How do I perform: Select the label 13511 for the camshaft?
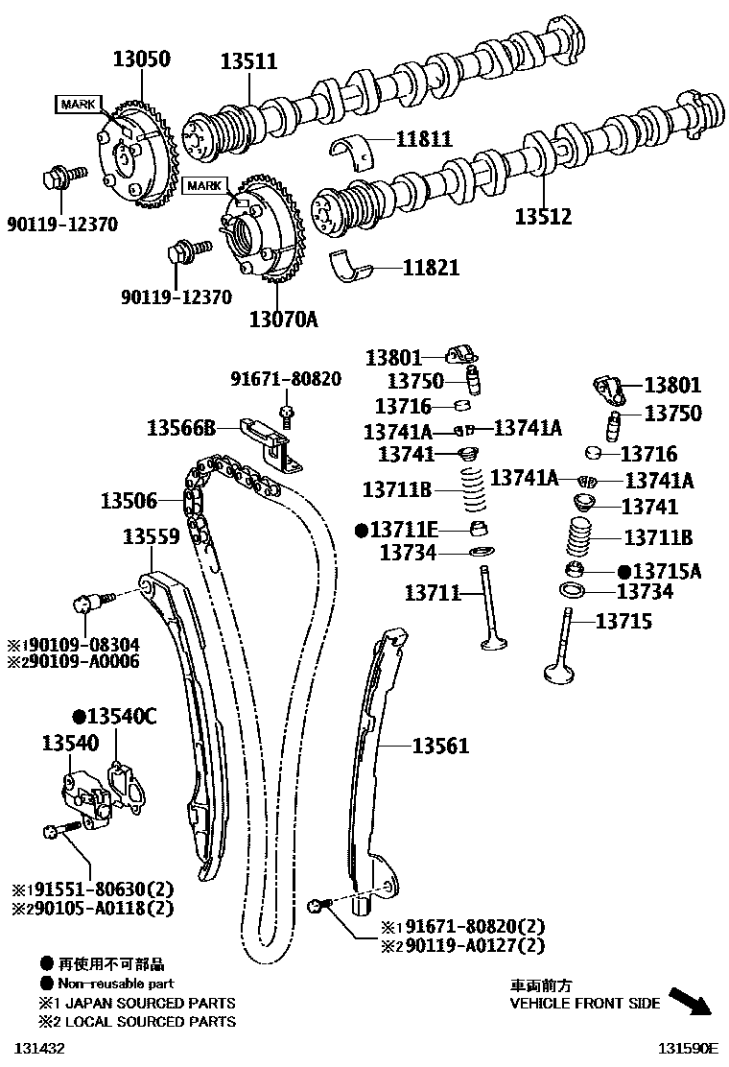[x=247, y=61]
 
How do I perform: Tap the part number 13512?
[x=542, y=217]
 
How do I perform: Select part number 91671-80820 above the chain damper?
[x=286, y=379]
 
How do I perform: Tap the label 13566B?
[x=181, y=427]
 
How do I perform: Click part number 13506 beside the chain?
[x=129, y=500]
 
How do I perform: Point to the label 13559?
[x=151, y=537]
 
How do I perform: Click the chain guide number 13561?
[x=441, y=745]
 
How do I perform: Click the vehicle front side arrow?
[x=692, y=1001]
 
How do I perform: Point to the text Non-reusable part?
[x=116, y=984]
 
